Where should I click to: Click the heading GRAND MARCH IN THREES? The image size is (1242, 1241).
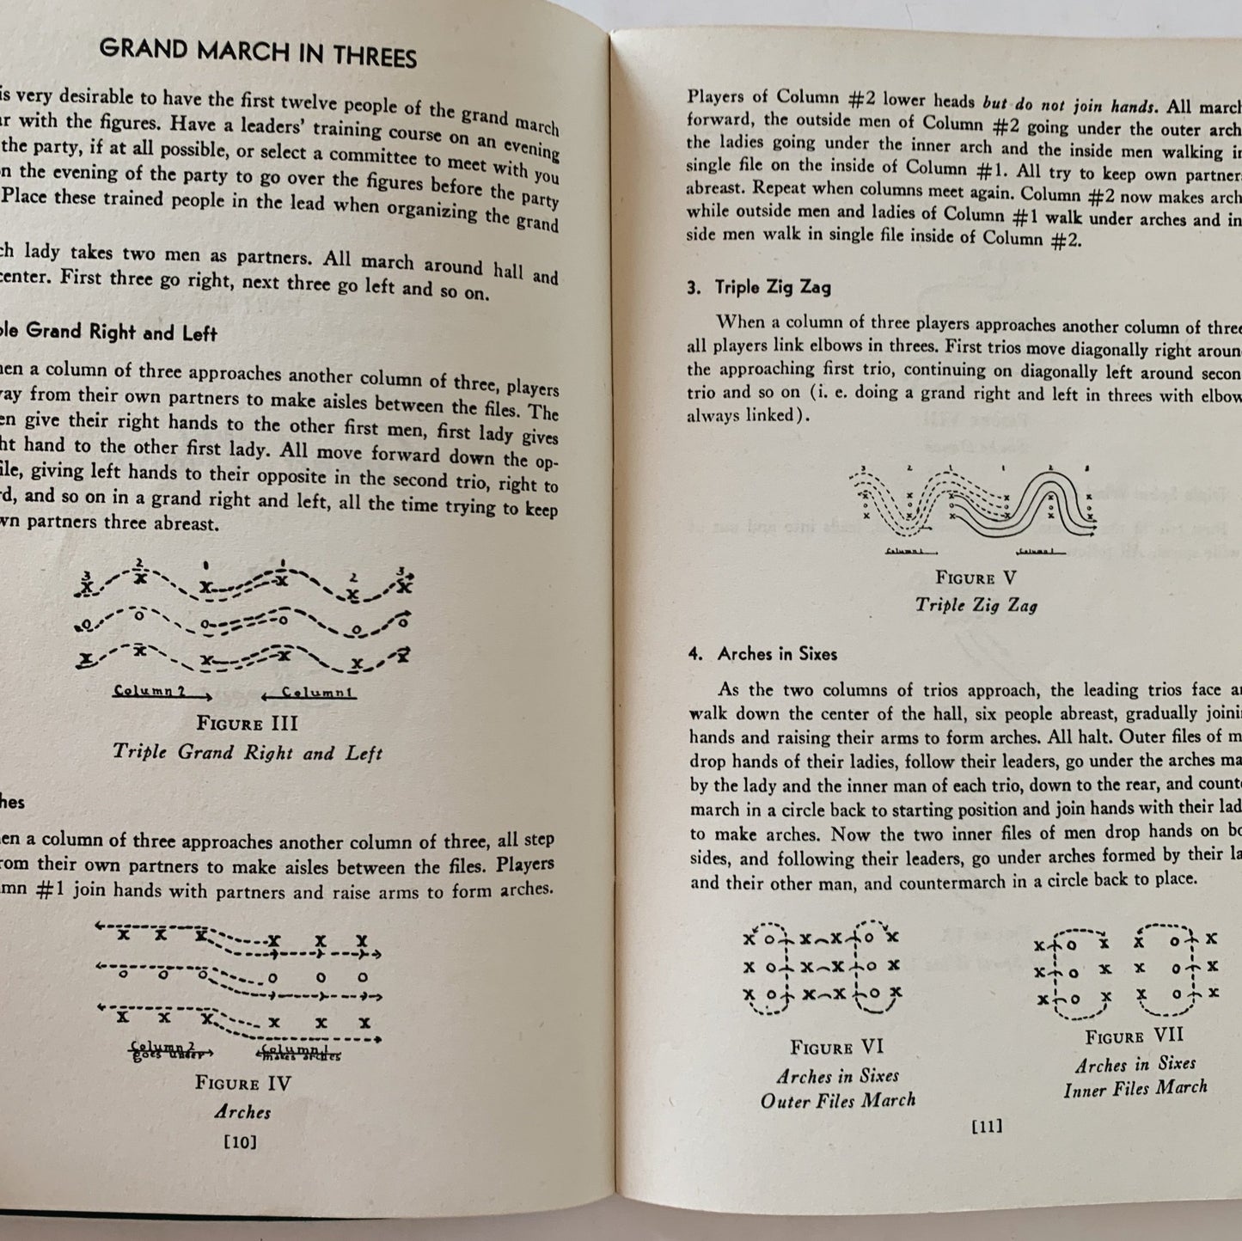[x=258, y=53]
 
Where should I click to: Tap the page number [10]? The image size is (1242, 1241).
[x=238, y=1141]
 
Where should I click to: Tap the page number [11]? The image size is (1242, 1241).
[x=986, y=1126]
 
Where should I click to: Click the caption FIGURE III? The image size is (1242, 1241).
[x=248, y=724]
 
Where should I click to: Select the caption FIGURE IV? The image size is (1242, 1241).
[x=243, y=1083]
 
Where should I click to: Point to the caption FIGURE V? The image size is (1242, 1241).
[x=976, y=578]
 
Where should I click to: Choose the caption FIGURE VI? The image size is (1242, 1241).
[x=837, y=1048]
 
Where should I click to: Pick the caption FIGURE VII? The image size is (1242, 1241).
[x=1134, y=1036]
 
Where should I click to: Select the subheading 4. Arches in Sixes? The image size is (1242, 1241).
[x=762, y=654]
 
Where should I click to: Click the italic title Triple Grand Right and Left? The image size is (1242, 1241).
[x=248, y=752]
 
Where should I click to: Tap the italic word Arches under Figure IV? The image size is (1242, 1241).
[x=242, y=1112]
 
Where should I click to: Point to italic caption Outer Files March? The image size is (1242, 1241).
[x=838, y=1100]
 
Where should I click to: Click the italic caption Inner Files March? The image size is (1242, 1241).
[x=1135, y=1089]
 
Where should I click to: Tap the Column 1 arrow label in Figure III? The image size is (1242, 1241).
[x=309, y=692]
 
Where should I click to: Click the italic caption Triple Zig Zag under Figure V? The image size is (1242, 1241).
[x=976, y=605]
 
